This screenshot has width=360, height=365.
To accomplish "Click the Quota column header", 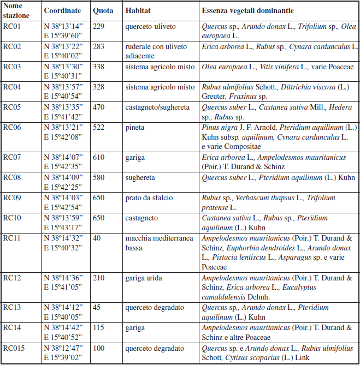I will [103, 10].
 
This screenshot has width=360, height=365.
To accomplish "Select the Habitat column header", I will [138, 10].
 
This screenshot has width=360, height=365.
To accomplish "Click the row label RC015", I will [14, 348].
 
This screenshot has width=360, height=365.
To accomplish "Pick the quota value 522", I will [98, 127].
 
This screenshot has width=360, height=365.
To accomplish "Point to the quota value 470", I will [98, 106].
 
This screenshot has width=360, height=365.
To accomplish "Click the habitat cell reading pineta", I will [135, 127].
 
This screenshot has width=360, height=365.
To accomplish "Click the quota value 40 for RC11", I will [97, 238].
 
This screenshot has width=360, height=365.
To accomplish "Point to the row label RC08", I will [12, 177].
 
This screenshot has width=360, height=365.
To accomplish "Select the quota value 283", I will [98, 46].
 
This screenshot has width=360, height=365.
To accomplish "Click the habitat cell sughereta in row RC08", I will [140, 177].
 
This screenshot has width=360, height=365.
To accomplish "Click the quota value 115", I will [98, 328].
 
